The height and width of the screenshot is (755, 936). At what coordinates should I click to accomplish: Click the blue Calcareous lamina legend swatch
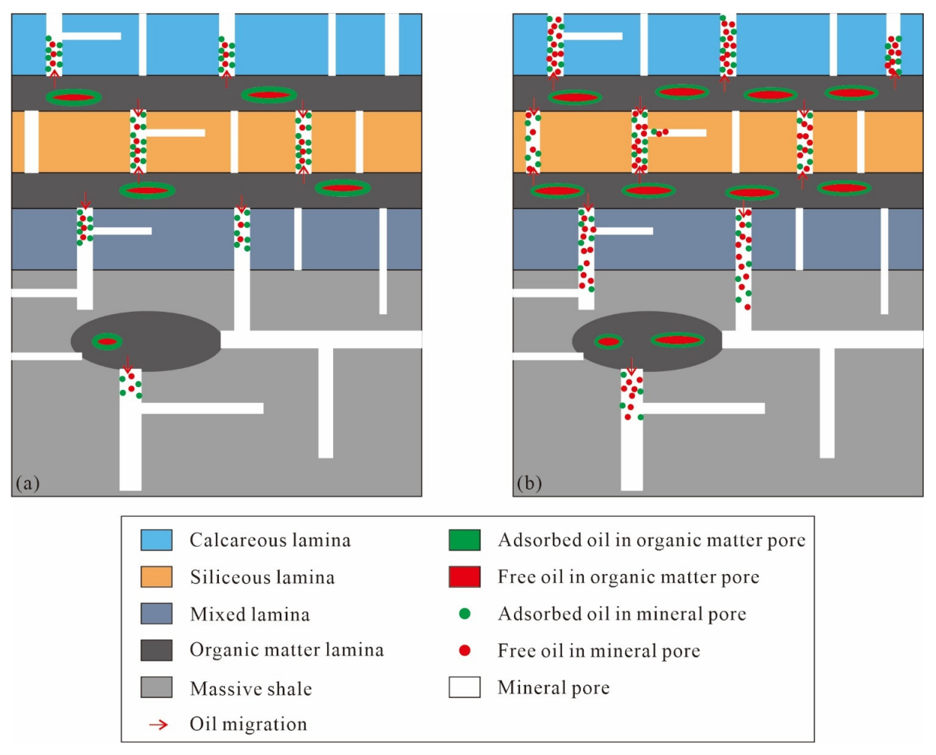[157, 540]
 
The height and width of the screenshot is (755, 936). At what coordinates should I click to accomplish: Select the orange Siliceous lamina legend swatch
[157, 577]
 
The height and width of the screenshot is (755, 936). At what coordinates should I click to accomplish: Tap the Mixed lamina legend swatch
[157, 614]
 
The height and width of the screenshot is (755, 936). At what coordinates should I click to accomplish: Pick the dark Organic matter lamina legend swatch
[157, 650]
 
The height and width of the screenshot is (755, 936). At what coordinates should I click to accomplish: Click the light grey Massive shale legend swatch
[157, 687]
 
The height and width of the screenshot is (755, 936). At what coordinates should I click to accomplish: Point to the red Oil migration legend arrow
[157, 724]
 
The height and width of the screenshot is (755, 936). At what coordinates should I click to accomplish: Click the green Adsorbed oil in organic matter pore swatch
[465, 540]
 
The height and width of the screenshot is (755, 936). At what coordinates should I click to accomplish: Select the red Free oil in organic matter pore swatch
[465, 577]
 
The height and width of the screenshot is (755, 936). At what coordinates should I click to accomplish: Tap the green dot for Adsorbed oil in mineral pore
[465, 614]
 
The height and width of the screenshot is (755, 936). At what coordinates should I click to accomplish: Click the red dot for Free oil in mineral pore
[465, 651]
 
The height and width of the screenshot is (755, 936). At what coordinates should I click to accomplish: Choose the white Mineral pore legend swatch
[465, 687]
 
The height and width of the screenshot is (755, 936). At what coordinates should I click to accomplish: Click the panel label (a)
[27, 483]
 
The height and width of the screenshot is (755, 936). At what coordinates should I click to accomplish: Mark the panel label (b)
[529, 483]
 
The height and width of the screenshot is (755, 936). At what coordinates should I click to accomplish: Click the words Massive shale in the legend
[251, 689]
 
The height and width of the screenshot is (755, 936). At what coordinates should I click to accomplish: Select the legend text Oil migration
[248, 724]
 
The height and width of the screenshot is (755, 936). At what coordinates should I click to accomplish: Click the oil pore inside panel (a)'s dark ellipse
[107, 341]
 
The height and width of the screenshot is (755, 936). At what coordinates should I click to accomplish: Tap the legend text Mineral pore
[554, 688]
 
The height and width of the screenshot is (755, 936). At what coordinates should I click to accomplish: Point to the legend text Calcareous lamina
[270, 541]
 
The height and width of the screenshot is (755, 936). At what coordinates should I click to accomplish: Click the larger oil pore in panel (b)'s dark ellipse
[677, 340]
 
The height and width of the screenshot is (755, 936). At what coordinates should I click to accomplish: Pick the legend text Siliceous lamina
[262, 578]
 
